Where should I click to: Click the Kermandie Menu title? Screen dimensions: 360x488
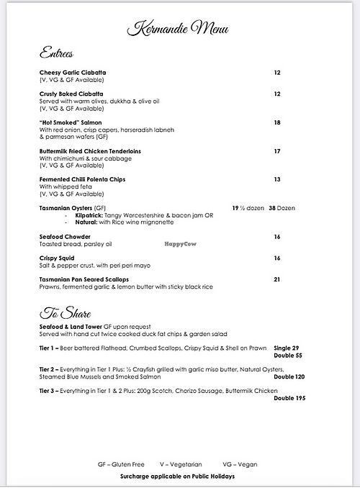pos(179,29)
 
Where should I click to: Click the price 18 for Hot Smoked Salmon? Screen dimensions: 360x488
pos(277,122)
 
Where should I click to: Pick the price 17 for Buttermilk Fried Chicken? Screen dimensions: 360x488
pos(277,151)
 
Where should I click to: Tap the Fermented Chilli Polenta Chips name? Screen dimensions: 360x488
pos(81,179)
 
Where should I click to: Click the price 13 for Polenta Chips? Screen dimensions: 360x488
pos(277,179)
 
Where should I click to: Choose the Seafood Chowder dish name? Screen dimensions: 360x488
pos(64,235)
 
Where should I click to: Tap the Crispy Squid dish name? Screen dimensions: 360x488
pos(57,256)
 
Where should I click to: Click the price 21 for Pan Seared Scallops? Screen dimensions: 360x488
pos(277,278)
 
